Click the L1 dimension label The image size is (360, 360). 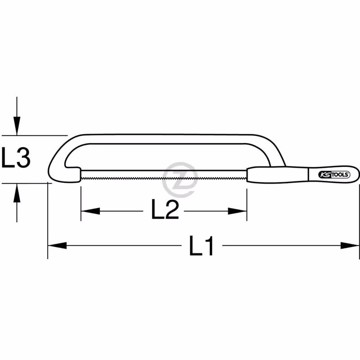coord(201,246)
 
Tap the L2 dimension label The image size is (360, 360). coord(165,209)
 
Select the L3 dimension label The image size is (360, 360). coord(16,157)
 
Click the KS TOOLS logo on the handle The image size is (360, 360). coord(334,175)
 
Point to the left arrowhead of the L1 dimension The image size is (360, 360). coord(57,245)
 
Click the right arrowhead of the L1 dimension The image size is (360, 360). coord(350,245)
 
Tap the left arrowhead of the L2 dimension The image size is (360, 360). coord(90,211)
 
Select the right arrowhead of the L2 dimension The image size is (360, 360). coord(237,211)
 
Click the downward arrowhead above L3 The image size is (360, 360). coord(17,126)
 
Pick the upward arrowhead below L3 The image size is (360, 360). coord(17,193)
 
